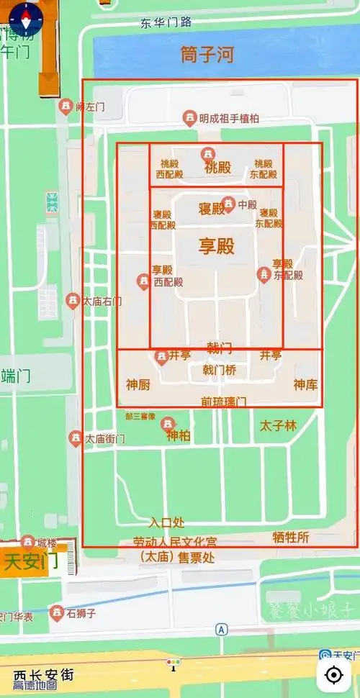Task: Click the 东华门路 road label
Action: click(166, 22)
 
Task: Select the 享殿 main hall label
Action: click(217, 247)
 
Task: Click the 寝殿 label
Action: click(212, 209)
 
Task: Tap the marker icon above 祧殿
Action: click(207, 154)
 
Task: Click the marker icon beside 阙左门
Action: click(66, 106)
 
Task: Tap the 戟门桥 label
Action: click(220, 370)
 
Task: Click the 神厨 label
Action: click(138, 385)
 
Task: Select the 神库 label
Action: click(305, 385)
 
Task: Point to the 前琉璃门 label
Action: click(224, 400)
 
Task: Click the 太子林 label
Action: click(279, 426)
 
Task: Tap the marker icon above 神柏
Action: click(168, 423)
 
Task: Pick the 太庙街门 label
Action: click(105, 438)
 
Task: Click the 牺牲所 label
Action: click(291, 538)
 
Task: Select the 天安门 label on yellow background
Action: click(31, 562)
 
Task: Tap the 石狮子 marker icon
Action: click(56, 613)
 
